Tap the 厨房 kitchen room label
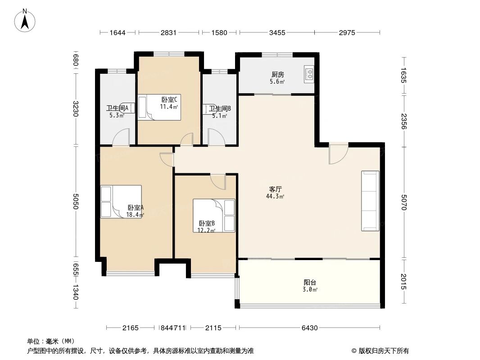[x=277, y=75]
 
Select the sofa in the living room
[x=370, y=201]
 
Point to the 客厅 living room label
[x=275, y=189]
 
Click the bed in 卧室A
[x=121, y=202]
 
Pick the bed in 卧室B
[x=214, y=216]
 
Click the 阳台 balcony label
[x=310, y=282]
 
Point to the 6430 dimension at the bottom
[x=309, y=328]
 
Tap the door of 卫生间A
[x=121, y=137]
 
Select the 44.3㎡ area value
[x=275, y=197]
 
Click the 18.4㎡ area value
[x=135, y=215]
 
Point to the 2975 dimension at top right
[x=347, y=32]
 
